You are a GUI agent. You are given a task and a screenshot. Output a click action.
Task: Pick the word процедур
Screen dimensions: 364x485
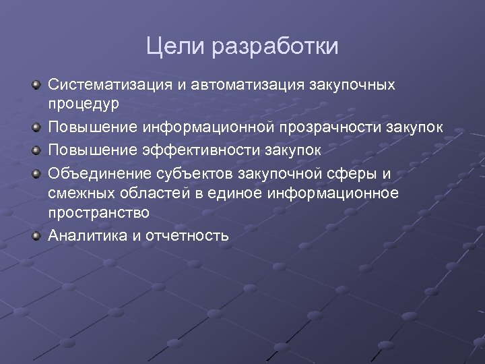pos(84,104)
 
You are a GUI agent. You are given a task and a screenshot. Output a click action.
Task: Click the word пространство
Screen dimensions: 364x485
pos(98,212)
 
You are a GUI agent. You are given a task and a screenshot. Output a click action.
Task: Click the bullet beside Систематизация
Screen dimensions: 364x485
pos(37,85)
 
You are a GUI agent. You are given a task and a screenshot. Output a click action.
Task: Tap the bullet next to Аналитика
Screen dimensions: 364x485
pos(37,235)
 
